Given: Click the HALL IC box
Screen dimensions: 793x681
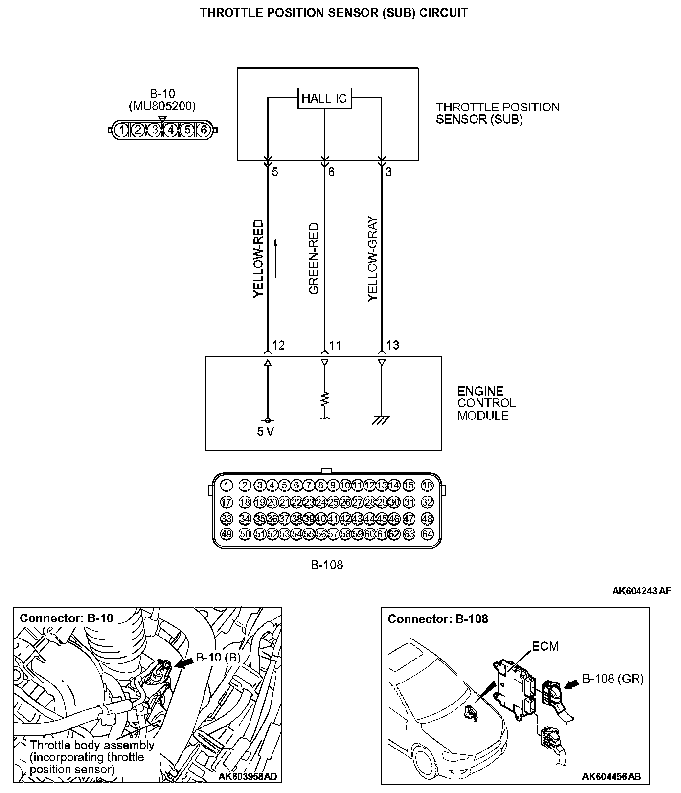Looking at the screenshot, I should (x=324, y=98).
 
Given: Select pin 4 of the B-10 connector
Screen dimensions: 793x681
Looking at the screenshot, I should (x=171, y=130).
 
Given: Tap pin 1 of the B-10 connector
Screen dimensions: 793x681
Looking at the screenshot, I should (x=122, y=130).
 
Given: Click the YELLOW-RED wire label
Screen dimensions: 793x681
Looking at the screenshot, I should (x=258, y=259).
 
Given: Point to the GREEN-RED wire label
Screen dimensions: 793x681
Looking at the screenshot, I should (x=314, y=259).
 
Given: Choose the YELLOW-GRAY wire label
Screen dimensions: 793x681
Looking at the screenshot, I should (x=373, y=259).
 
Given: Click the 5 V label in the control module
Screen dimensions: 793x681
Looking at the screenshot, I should (x=266, y=432).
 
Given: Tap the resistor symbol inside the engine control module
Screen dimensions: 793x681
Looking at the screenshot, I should (x=324, y=399).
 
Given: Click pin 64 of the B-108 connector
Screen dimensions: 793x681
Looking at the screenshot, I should (x=427, y=534).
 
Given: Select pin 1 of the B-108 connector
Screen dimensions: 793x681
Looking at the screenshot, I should (x=226, y=485).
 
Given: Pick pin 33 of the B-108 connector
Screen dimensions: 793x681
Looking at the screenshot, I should (x=226, y=518).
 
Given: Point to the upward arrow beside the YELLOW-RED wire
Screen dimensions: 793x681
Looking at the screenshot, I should (x=276, y=258).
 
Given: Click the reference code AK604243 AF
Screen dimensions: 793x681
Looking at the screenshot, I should (x=641, y=591).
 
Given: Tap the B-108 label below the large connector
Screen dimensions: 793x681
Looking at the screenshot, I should (x=327, y=565).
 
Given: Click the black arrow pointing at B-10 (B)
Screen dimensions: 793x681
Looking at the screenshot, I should (x=183, y=662).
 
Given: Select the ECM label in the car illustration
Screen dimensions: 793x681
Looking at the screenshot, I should (x=545, y=646).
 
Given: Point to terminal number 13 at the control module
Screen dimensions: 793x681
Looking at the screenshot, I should (x=392, y=345).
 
